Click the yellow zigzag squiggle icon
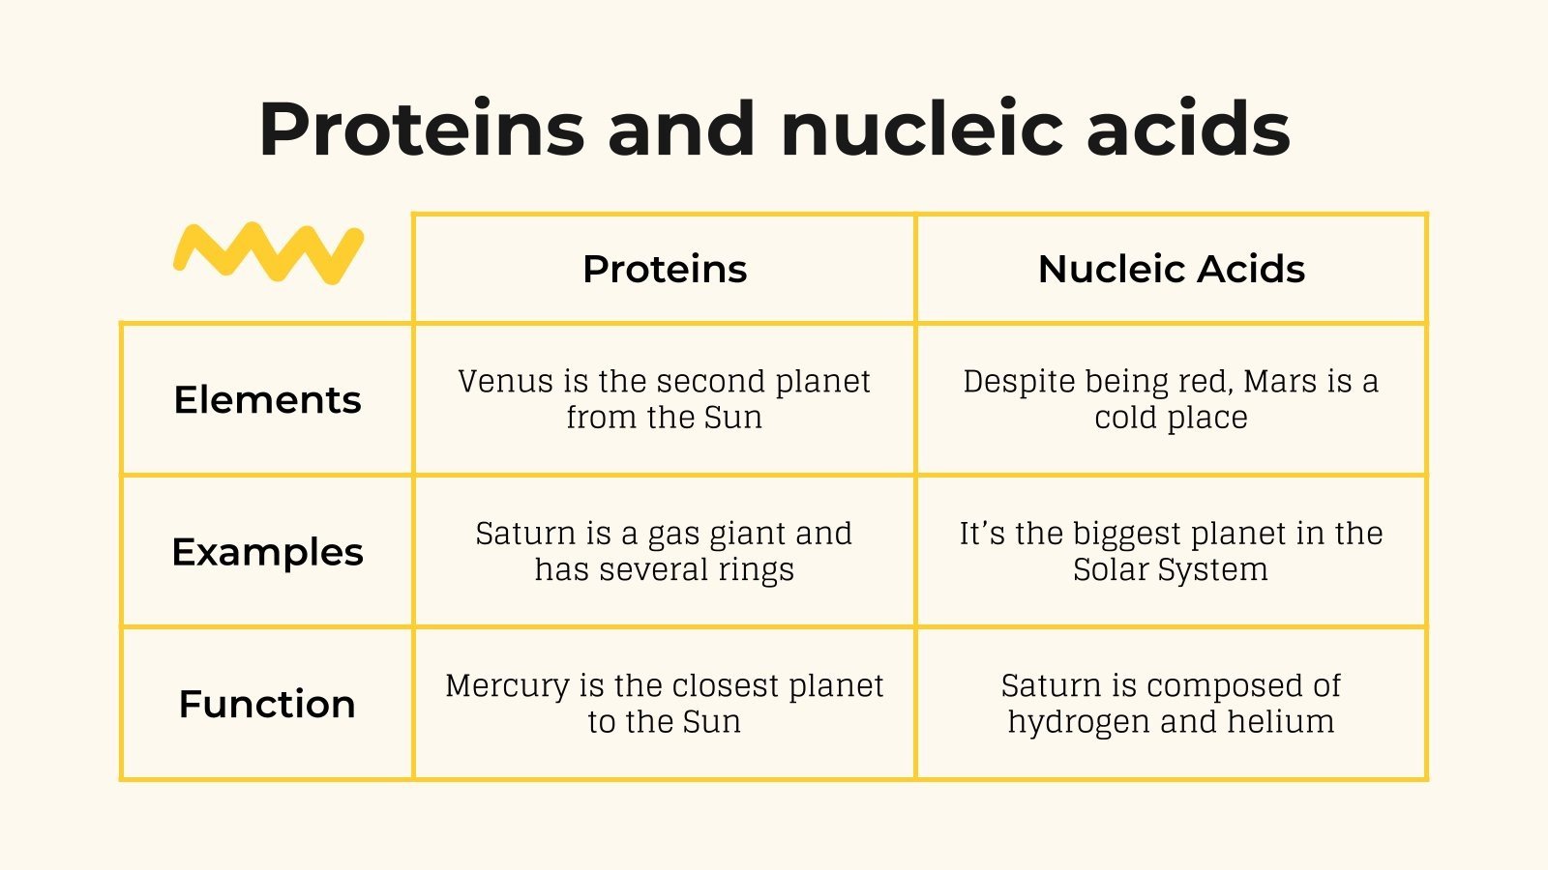coord(268,253)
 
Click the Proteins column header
coord(665,269)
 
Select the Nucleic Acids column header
coord(1171,269)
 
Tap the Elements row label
coord(267,399)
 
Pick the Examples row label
coord(267,552)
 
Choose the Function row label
coord(267,704)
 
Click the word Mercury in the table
coord(507,686)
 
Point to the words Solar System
coord(1170,570)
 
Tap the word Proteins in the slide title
coord(422,129)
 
